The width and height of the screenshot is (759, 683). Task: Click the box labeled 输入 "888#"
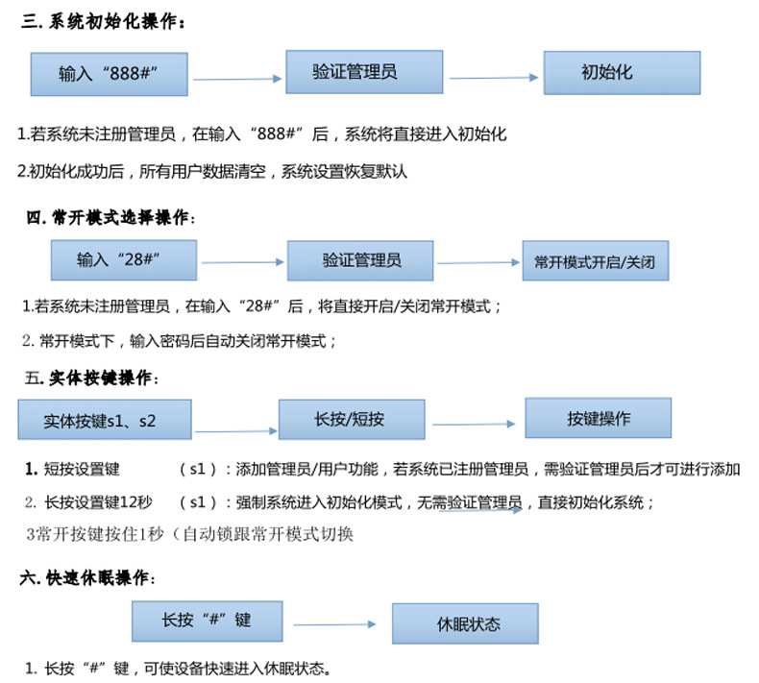click(x=109, y=73)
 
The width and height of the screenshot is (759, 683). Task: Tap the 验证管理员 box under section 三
click(x=364, y=71)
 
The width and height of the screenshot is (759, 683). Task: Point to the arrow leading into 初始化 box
click(x=493, y=77)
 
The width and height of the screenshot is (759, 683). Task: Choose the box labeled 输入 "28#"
click(x=123, y=260)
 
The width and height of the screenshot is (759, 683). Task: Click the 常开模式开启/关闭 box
click(x=595, y=261)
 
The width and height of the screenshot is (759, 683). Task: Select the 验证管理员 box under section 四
click(x=360, y=260)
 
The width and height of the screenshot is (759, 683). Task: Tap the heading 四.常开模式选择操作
click(x=110, y=218)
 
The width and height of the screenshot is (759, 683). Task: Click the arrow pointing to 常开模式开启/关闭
click(x=477, y=262)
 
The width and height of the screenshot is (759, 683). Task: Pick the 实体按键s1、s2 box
click(x=104, y=420)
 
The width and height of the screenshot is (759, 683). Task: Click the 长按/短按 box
click(x=351, y=419)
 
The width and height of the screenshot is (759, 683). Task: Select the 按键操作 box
click(x=598, y=418)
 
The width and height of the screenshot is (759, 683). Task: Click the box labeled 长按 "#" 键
click(x=208, y=621)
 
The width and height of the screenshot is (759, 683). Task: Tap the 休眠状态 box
click(x=464, y=623)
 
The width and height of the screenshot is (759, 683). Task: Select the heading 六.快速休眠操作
click(x=86, y=578)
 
